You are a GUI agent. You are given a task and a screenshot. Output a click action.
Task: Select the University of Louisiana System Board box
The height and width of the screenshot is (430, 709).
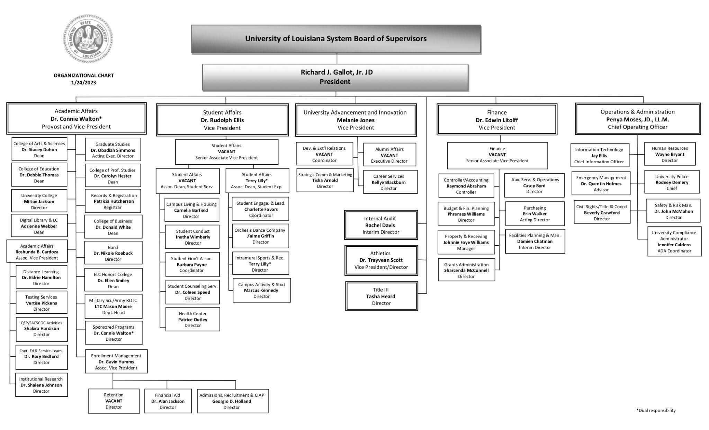336,39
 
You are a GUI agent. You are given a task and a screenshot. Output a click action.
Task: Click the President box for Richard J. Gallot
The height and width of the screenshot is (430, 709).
335,77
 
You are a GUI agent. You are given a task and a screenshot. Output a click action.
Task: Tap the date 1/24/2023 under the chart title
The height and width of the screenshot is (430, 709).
83,83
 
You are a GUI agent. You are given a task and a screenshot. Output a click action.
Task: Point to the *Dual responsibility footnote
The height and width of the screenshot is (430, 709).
656,410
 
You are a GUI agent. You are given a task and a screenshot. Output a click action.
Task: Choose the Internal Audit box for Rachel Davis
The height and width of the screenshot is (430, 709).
381,225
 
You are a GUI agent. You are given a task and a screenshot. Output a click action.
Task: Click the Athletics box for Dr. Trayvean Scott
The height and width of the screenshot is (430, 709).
381,260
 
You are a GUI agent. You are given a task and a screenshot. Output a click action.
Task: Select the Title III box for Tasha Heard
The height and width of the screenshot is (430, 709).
381,296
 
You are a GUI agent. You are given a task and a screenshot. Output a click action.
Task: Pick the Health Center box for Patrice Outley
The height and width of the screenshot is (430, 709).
192,319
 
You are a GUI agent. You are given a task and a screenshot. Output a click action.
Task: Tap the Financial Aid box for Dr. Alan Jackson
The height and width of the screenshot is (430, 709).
168,401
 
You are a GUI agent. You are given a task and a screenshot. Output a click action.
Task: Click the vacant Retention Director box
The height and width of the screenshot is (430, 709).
114,401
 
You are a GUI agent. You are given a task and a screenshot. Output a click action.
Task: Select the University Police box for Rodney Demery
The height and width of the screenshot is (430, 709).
672,182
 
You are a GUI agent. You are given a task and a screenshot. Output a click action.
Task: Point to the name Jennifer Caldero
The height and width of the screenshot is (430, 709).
674,245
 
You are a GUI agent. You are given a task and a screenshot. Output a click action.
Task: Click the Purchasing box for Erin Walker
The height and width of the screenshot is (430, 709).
535,214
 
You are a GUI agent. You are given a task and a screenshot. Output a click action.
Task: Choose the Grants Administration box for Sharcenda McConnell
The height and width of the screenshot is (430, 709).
466,271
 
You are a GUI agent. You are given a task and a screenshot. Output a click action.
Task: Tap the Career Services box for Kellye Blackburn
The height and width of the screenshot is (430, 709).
390,182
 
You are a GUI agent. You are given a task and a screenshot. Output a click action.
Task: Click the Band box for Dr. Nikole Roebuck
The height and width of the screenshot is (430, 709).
113,253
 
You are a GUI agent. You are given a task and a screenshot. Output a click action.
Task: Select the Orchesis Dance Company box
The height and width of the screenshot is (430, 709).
260,236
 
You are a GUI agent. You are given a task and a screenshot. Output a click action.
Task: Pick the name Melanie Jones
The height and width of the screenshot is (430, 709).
356,120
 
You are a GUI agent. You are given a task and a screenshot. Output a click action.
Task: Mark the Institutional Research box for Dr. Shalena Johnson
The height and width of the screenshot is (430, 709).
41,385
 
